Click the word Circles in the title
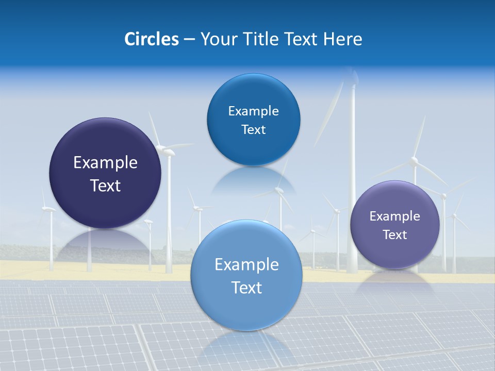point(151,39)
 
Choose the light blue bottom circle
point(246,309)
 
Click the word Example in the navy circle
point(105,163)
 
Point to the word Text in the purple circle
point(395,235)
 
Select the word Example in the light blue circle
point(246,265)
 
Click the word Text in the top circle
point(253,130)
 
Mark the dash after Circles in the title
point(189,40)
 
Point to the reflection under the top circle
point(253,180)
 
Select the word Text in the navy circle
point(105,186)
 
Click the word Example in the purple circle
point(395,216)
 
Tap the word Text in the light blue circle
point(246,288)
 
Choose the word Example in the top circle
point(253,111)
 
